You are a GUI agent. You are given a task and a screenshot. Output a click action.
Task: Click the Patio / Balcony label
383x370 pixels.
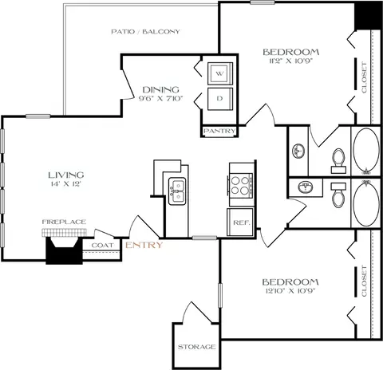pyautogui.click(x=145, y=32)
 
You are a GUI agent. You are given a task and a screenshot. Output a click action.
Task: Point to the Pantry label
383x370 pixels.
pyautogui.click(x=217, y=131)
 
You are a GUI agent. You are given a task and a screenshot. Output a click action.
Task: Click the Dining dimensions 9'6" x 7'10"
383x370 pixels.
pyautogui.click(x=160, y=100)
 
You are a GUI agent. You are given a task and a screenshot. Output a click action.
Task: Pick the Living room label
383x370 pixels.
pyautogui.click(x=65, y=174)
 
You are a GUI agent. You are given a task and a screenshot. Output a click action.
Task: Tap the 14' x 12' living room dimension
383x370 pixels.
pyautogui.click(x=65, y=184)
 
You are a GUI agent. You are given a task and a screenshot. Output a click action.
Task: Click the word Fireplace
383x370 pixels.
pyautogui.click(x=64, y=222)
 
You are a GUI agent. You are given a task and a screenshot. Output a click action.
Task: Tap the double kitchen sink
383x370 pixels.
pyautogui.click(x=177, y=189)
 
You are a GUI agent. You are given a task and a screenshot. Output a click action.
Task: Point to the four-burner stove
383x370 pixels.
pyautogui.click(x=241, y=185)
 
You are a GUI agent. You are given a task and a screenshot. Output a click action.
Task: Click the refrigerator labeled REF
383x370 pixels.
pyautogui.click(x=240, y=222)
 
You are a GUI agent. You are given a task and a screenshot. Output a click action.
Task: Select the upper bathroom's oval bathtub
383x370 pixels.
pyautogui.click(x=366, y=152)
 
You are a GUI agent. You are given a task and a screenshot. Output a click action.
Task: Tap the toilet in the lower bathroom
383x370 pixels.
pyautogui.click(x=337, y=195)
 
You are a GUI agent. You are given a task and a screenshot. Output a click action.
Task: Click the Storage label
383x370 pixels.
pyautogui.click(x=196, y=347)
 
